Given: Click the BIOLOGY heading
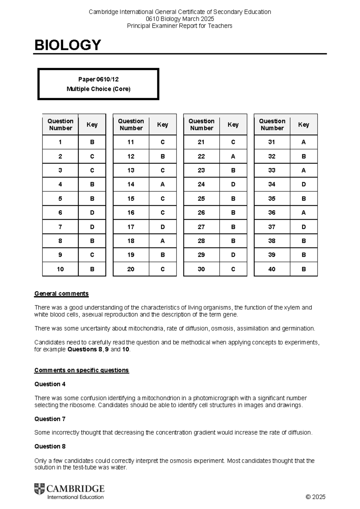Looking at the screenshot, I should [67, 45].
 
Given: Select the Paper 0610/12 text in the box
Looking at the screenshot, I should [98, 80].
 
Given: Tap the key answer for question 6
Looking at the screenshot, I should [92, 212].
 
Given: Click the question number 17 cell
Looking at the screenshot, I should [131, 227].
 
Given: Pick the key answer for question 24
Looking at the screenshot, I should [233, 184].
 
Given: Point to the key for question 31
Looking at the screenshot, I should [304, 142].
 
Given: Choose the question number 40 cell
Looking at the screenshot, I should [272, 269].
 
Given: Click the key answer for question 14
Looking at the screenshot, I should [163, 184].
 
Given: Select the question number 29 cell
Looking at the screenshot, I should [201, 255].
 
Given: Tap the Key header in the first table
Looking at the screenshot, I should [92, 125].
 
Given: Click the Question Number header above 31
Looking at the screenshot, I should [272, 125].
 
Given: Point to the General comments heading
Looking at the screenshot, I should [61, 294].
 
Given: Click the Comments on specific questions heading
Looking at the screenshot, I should [82, 370].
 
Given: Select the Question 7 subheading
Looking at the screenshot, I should [50, 419].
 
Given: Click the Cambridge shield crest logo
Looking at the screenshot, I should [39, 489].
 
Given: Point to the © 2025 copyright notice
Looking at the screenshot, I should [315, 497].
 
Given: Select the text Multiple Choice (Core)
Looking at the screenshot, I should [98, 89].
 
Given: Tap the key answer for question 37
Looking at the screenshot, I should [304, 227].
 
